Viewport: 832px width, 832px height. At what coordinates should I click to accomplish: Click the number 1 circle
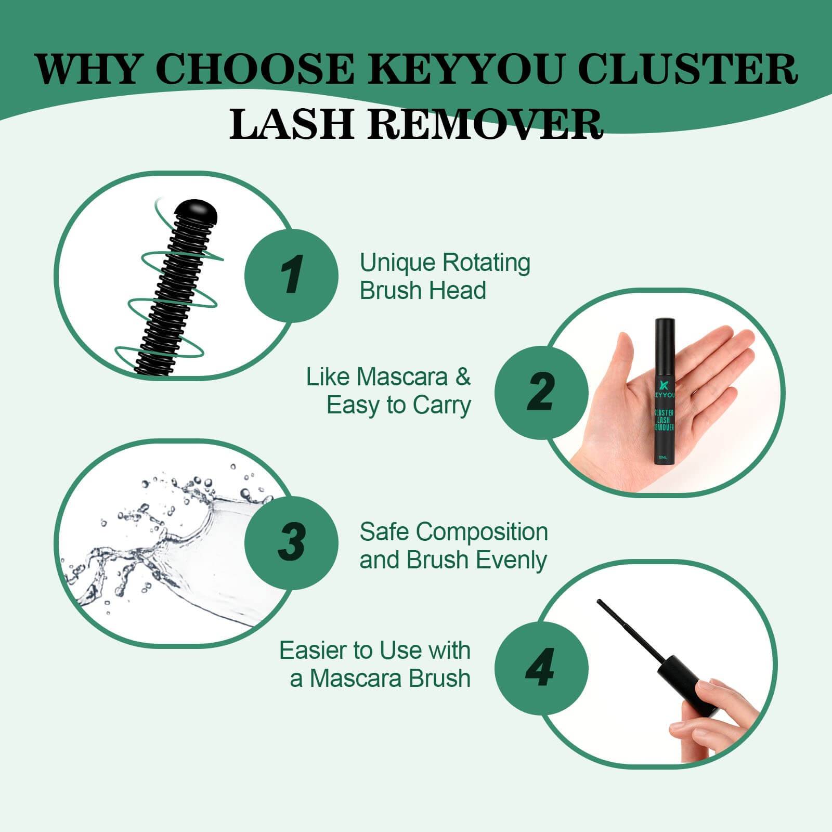point(291,276)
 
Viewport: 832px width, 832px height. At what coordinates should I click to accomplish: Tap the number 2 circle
point(541,393)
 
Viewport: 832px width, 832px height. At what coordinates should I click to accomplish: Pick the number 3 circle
point(291,543)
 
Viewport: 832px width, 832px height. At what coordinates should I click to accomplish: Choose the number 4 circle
point(541,668)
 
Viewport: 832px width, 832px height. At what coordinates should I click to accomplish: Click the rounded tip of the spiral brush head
point(195,210)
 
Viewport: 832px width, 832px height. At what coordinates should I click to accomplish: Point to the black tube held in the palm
point(664,391)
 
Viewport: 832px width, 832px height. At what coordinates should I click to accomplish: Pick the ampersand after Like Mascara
point(463,377)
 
